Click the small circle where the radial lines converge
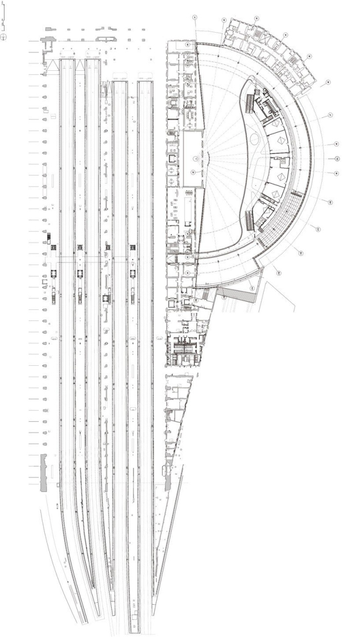click(195, 159)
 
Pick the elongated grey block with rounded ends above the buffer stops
click(104, 38)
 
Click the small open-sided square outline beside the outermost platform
click(44, 282)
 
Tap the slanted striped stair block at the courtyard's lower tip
click(250, 221)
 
